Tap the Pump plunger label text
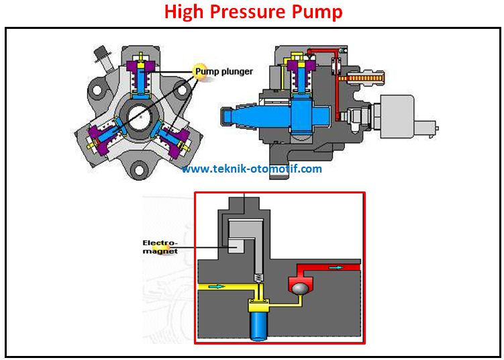tap(225, 70)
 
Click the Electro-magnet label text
tap(160, 246)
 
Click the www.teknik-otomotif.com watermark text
tap(252, 169)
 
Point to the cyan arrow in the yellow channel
tap(216, 286)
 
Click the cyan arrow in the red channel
tap(335, 267)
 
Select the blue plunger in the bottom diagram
tap(258, 328)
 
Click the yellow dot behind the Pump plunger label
tap(200, 69)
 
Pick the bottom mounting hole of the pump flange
tap(142, 171)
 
